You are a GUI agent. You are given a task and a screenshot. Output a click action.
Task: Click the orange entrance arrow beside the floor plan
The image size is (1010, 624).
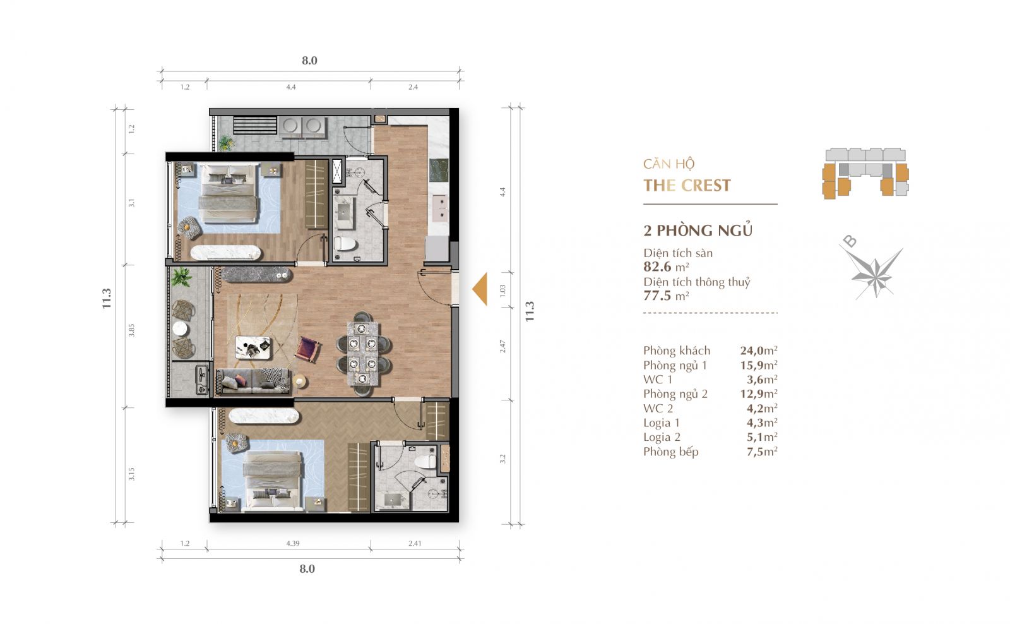click(x=481, y=289)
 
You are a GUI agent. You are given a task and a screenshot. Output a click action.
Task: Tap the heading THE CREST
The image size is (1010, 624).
click(x=687, y=186)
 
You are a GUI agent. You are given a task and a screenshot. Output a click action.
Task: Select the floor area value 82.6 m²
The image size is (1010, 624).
click(x=666, y=267)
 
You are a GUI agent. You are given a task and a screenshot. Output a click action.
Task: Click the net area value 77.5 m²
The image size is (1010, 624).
click(x=666, y=296)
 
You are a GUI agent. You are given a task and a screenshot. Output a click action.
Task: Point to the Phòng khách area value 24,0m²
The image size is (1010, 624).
click(x=759, y=350)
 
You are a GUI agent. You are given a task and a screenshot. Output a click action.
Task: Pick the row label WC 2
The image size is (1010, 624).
click(x=658, y=409)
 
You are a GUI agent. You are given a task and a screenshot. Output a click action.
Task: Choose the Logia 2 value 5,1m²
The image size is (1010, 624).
click(x=762, y=437)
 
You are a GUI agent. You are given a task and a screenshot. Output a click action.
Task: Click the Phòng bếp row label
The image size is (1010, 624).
click(x=671, y=452)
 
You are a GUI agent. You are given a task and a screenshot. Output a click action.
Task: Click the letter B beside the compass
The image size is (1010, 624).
click(x=850, y=241)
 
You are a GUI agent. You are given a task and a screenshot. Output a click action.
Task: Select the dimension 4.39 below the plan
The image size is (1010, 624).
click(x=293, y=543)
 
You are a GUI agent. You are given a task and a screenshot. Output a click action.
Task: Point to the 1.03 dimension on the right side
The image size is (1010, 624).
click(x=502, y=290)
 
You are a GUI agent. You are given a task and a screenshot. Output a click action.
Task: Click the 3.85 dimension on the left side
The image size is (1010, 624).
click(x=131, y=330)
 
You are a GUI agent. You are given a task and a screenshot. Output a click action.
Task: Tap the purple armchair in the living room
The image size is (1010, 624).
click(x=307, y=350)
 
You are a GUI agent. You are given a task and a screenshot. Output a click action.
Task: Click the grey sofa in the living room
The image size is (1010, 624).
click(x=253, y=381)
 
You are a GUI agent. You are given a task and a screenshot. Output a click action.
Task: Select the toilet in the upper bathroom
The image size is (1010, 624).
click(x=345, y=244)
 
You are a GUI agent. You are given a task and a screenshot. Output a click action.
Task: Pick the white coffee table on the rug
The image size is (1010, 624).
click(x=253, y=347)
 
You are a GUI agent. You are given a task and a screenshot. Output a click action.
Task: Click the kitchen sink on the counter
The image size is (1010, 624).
click(x=439, y=208)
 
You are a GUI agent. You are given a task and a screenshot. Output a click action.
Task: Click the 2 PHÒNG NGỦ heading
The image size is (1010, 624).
click(x=698, y=230)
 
